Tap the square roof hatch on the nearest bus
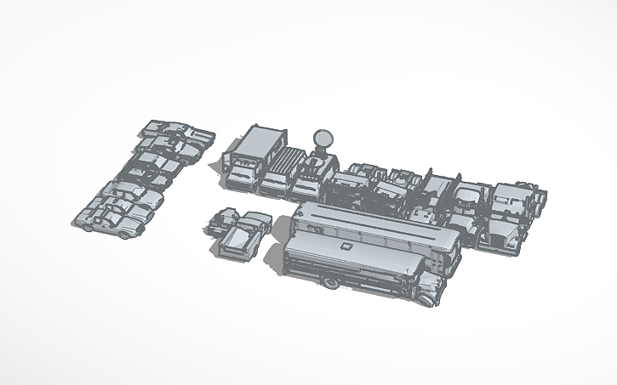tap(346, 246)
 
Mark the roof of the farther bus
tap(374, 223)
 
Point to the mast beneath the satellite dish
tap(322, 150)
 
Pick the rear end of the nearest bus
tap(285, 259)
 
